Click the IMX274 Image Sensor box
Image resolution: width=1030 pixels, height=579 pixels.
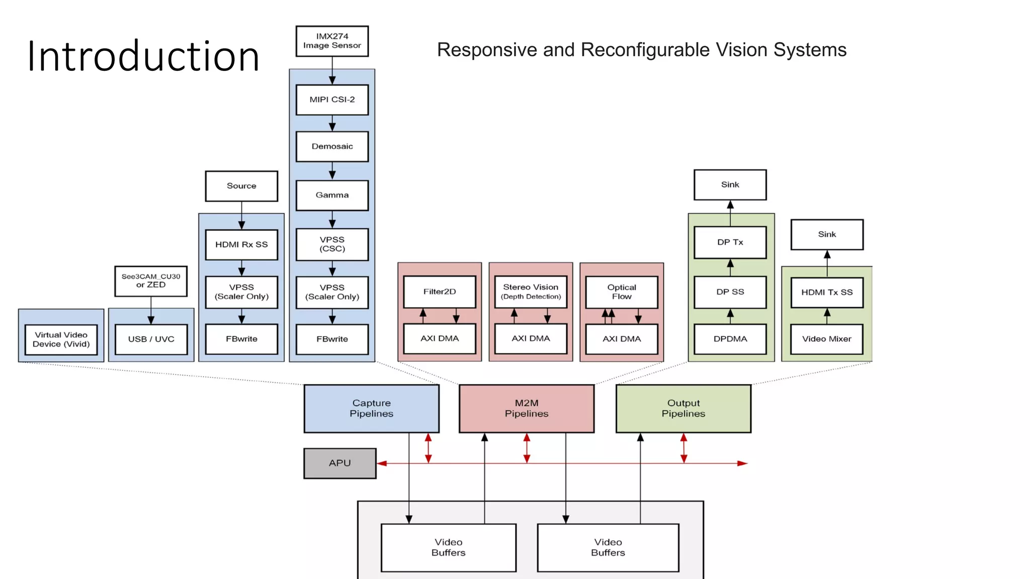click(332, 41)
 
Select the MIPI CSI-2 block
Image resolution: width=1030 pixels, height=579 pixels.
click(332, 100)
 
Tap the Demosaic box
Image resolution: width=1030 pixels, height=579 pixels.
click(332, 146)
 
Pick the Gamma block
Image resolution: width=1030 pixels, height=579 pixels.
click(332, 195)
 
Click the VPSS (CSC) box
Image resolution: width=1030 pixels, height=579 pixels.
click(332, 244)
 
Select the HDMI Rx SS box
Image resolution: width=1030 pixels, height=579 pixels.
click(241, 245)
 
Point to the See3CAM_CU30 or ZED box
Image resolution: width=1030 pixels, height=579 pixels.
click(151, 281)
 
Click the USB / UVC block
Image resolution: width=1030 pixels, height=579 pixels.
click(151, 339)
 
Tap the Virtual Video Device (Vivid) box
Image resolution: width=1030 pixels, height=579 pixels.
click(61, 339)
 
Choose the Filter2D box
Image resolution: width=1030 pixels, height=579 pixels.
click(440, 292)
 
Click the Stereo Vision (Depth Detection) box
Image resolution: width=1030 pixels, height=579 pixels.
click(531, 292)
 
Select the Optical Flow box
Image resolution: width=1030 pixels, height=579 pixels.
click(622, 292)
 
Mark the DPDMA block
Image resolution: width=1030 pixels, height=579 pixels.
click(730, 339)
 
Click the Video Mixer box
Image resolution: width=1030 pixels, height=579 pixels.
click(827, 339)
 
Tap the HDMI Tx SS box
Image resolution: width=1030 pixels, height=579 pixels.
click(827, 292)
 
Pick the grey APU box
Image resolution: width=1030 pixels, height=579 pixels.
click(340, 463)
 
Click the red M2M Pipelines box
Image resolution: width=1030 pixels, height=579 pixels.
click(527, 408)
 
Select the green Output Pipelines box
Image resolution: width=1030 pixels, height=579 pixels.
click(683, 408)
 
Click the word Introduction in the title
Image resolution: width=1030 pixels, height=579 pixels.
click(143, 56)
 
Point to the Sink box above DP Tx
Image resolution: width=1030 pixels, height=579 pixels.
click(730, 184)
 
